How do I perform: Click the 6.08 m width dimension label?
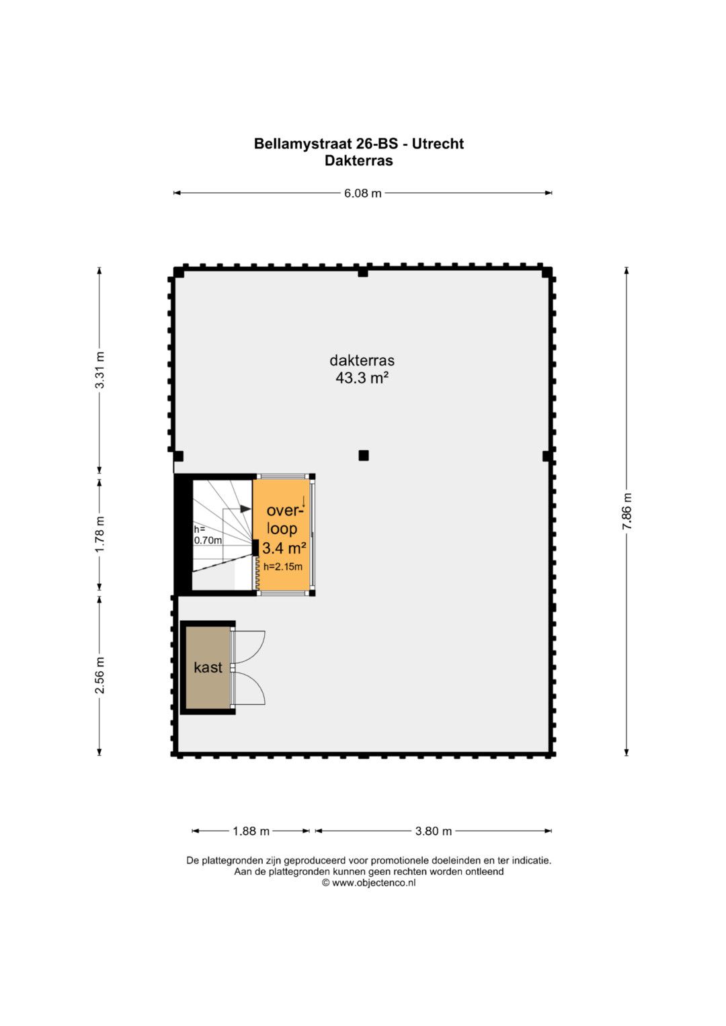click(362, 193)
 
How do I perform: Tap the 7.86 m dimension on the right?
click(627, 511)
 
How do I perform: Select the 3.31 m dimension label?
click(99, 370)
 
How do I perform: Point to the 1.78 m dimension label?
click(99, 533)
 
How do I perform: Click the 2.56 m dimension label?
click(99, 675)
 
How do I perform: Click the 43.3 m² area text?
click(362, 378)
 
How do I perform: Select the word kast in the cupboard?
click(208, 667)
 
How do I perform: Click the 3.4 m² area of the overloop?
click(284, 548)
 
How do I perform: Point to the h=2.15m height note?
click(283, 566)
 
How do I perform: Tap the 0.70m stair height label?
click(208, 540)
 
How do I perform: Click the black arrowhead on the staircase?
click(245, 509)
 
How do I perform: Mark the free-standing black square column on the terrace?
click(364, 456)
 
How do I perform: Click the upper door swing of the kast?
click(250, 647)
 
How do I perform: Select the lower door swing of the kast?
click(250, 688)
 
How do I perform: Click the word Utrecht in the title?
click(438, 144)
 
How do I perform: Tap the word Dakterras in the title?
click(359, 161)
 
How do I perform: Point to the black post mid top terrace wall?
click(363, 273)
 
